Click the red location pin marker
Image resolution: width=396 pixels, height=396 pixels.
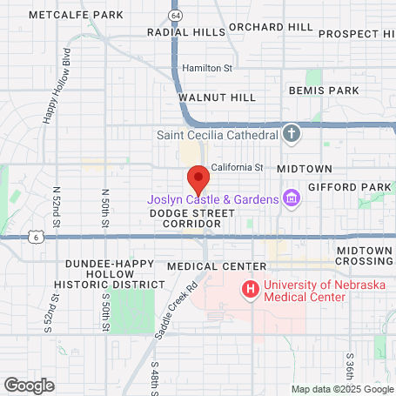pyautogui.click(x=198, y=179)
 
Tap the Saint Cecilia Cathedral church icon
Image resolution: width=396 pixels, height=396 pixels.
pyautogui.click(x=291, y=134)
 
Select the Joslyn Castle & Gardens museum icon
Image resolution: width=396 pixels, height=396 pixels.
pyautogui.click(x=291, y=199)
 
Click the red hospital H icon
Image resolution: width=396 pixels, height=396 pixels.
pyautogui.click(x=251, y=288)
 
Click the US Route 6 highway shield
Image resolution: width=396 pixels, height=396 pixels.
pyautogui.click(x=35, y=236)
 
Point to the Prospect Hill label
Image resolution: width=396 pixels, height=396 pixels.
pyautogui.click(x=357, y=34)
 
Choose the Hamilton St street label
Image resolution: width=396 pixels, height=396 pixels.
pyautogui.click(x=207, y=68)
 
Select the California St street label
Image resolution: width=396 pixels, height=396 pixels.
pyautogui.click(x=236, y=166)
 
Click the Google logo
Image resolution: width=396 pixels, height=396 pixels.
pyautogui.click(x=29, y=385)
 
